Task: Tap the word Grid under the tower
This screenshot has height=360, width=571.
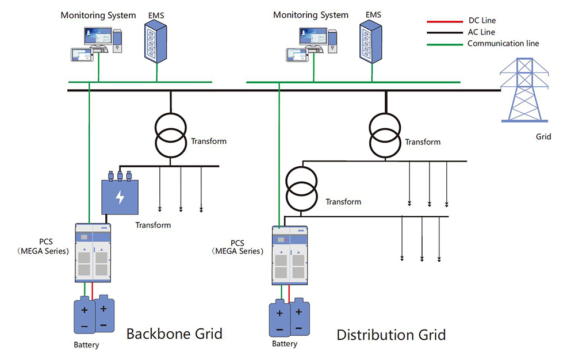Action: pos(543,137)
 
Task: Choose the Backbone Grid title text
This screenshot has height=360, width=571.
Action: pos(174,334)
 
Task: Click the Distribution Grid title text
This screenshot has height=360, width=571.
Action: pos(391,335)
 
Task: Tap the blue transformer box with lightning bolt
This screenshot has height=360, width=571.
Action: pos(120,195)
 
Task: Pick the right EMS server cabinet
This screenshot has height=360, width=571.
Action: pos(370,40)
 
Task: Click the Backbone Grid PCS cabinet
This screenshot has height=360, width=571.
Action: pos(92,252)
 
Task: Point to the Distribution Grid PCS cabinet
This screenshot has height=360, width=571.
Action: pos(290,255)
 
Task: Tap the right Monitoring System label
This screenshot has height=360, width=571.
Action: pos(311,15)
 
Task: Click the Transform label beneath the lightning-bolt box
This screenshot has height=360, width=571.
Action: pos(153,225)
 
